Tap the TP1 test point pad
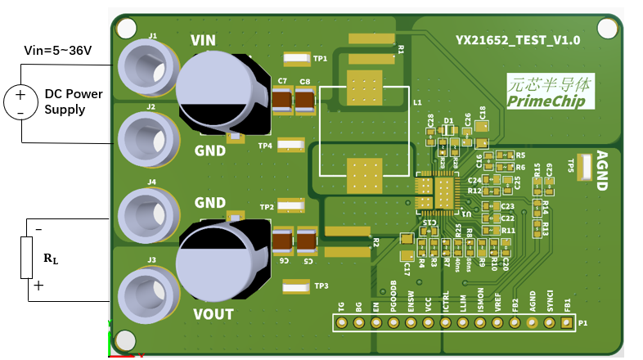click(295, 59)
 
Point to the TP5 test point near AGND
click(587, 167)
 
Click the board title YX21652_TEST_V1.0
click(518, 39)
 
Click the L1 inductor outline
click(363, 131)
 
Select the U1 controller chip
click(434, 193)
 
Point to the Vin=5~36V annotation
click(56, 51)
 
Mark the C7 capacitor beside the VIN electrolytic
click(282, 101)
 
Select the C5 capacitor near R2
click(307, 241)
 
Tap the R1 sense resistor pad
click(371, 38)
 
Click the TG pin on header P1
click(342, 323)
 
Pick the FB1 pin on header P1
click(567, 323)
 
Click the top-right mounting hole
click(605, 29)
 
